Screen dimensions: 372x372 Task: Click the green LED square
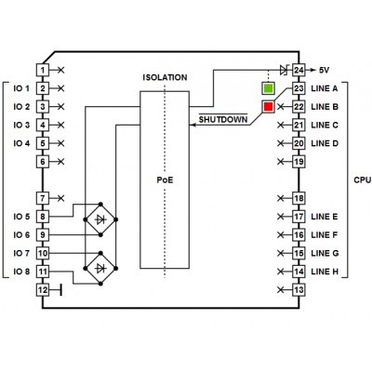tap(268, 88)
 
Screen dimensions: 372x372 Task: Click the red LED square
tap(268, 107)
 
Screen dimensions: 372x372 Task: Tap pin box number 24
tap(299, 70)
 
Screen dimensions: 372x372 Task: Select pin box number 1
tap(43, 70)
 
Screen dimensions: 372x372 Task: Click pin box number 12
tap(43, 290)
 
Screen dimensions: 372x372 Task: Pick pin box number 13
tap(299, 290)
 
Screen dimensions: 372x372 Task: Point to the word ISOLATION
tap(165, 77)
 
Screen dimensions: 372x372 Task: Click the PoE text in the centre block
tap(165, 179)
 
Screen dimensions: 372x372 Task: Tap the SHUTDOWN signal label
tap(223, 119)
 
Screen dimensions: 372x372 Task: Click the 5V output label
tap(324, 71)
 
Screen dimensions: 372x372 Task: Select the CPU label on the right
tap(363, 179)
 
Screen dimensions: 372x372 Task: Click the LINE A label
tap(325, 88)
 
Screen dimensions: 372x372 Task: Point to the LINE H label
tap(325, 272)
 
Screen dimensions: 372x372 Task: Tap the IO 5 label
tap(21, 217)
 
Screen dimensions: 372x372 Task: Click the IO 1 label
tap(21, 88)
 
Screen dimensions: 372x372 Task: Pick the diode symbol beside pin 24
tap(284, 70)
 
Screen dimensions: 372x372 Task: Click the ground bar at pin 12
tap(60, 290)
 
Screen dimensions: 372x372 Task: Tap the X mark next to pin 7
tap(61, 198)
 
